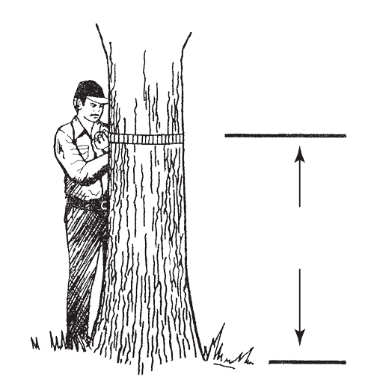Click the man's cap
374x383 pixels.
click(88, 90)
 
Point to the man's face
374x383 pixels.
click(91, 110)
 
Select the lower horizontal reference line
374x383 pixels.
click(307, 362)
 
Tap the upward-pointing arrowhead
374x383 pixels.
click(299, 153)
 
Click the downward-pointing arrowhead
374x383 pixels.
click(299, 338)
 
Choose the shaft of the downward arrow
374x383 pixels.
click(299, 299)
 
